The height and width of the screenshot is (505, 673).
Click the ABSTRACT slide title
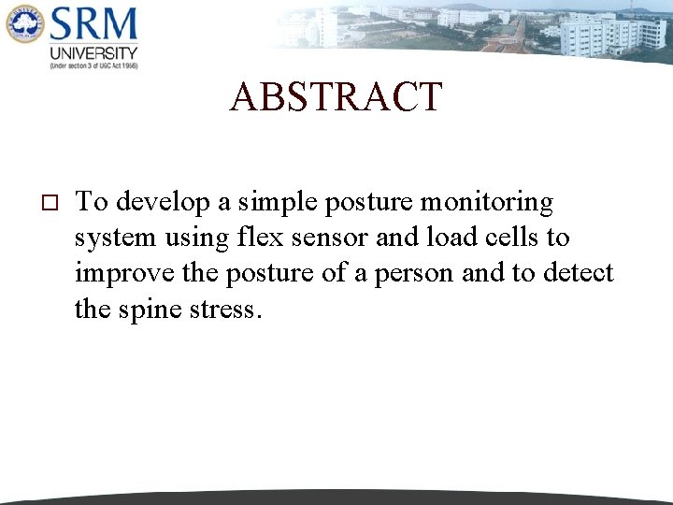click(x=336, y=97)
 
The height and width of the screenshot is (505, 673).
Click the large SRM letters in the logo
click(x=93, y=23)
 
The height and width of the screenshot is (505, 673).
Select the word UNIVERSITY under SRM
click(x=93, y=53)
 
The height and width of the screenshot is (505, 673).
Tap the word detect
click(x=574, y=274)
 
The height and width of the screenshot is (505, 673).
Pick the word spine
click(x=150, y=310)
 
